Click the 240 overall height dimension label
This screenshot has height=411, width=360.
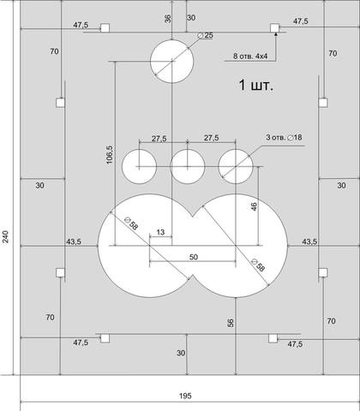point(6,236)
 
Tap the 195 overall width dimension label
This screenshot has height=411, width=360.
point(185,396)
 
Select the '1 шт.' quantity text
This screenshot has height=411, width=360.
point(256,86)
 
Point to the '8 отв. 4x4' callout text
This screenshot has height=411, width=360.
point(250,56)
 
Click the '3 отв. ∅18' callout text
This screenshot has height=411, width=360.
point(284,137)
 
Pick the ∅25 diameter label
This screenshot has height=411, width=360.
point(206,36)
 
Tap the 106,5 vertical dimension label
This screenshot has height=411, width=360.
point(110,154)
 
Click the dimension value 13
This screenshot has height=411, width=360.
point(161,232)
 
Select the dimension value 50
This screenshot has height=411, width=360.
point(194,257)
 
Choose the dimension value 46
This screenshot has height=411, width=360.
point(254,206)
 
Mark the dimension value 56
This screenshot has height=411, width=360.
point(231,323)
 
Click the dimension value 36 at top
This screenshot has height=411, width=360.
point(168,19)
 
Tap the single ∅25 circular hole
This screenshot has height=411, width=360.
point(172,61)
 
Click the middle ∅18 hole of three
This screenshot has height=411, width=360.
point(188,166)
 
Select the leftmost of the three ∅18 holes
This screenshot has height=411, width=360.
point(139,166)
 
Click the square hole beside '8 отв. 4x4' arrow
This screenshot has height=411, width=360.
point(275,28)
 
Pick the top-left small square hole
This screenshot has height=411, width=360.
point(105,28)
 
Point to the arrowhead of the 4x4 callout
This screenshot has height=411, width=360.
point(276,34)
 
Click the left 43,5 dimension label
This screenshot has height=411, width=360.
point(74,241)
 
